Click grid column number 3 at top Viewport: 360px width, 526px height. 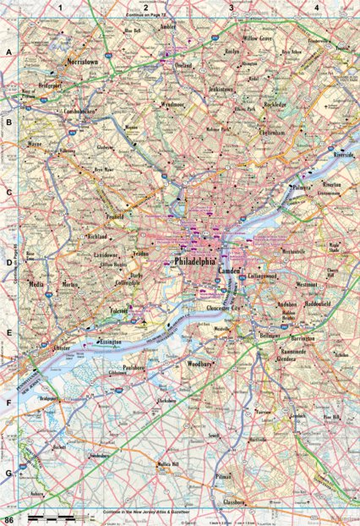coord(232,7)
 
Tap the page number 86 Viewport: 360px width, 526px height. coord(9,518)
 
